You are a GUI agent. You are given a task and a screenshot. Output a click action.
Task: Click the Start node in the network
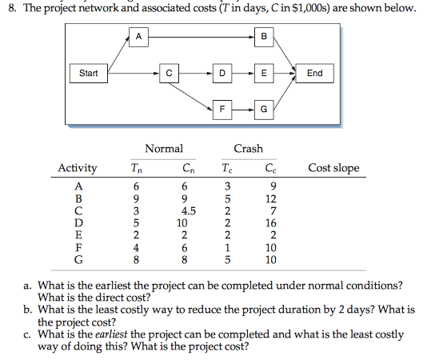tap(89, 74)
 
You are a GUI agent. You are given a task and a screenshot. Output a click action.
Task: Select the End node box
tap(315, 74)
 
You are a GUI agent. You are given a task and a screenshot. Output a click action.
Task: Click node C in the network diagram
tap(169, 74)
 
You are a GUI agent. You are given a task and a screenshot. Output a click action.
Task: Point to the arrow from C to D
tap(195, 74)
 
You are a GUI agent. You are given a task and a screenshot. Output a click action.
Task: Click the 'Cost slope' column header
tap(333, 168)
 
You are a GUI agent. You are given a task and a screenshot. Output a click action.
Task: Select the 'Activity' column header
tap(78, 168)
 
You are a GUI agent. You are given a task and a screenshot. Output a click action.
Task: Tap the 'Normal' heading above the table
tap(164, 148)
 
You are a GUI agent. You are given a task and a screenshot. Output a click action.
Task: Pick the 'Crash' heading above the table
tap(248, 148)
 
